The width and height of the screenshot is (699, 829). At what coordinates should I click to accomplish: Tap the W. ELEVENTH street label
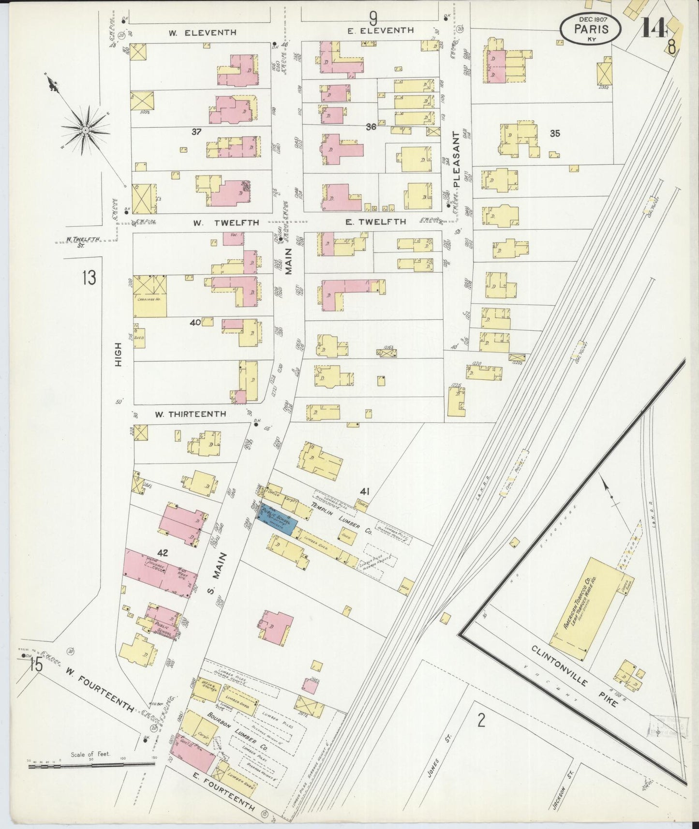point(202,32)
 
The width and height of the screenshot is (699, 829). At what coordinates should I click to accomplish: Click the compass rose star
point(85,130)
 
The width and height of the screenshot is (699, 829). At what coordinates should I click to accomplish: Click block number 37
point(196,131)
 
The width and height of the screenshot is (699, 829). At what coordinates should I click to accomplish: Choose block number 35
point(554,133)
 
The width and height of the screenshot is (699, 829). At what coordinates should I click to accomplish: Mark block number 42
point(162,552)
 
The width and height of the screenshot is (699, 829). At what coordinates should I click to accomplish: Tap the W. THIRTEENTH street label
point(190,414)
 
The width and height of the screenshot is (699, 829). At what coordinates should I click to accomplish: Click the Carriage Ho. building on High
point(149,296)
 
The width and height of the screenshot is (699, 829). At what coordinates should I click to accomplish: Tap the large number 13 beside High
point(89,278)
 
